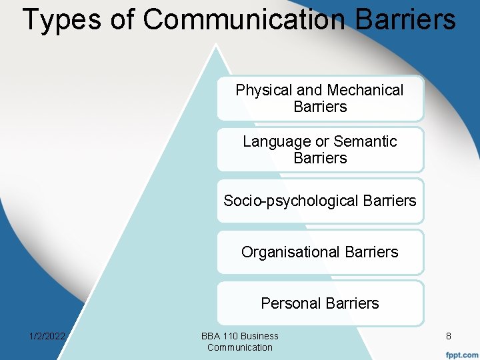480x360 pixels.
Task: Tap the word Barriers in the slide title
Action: pos(406,19)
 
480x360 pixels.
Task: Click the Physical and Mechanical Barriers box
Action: pos(320,98)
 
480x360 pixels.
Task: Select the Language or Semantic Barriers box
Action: pos(320,149)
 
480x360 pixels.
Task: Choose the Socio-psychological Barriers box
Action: pos(320,201)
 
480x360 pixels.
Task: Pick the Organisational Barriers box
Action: pos(320,252)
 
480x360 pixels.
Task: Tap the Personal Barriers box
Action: pos(320,303)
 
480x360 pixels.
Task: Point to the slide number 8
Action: pos(449,337)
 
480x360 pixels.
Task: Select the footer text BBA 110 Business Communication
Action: pos(240,341)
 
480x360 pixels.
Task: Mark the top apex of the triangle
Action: pos(215,45)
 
